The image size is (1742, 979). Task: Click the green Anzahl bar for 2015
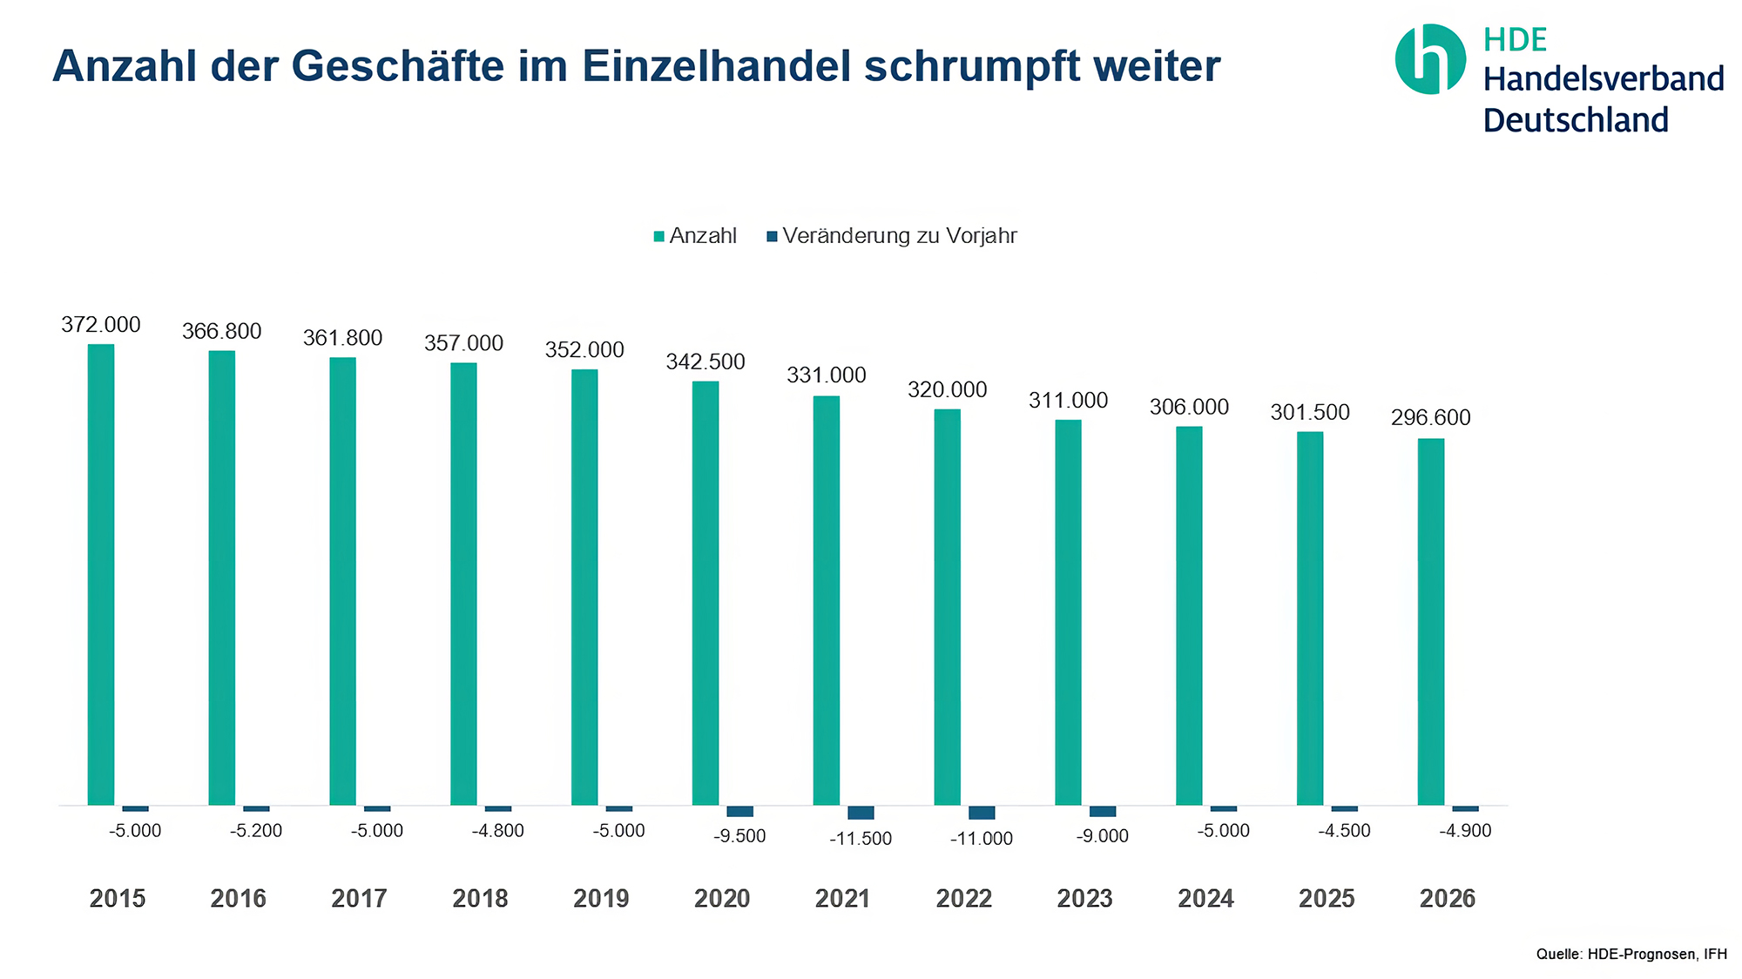[101, 575]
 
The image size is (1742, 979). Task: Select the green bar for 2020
[706, 592]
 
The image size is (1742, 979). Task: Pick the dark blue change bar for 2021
[861, 813]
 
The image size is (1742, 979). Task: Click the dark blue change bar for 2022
[982, 813]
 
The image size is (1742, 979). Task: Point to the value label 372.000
[101, 325]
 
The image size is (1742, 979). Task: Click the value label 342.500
[706, 361]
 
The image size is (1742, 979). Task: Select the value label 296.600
[1431, 418]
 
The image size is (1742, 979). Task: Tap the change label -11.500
[861, 839]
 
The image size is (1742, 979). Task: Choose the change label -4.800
[498, 831]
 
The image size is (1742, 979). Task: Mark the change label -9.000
[1103, 836]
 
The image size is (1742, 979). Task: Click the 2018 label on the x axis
[480, 899]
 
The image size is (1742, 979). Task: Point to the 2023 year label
[1084, 899]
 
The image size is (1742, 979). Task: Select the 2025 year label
[1327, 899]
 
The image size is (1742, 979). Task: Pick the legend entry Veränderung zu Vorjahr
[892, 236]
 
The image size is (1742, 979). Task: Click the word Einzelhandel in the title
[717, 66]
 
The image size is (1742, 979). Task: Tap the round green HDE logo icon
[1430, 59]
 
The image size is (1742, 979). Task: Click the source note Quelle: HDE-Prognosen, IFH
[1631, 955]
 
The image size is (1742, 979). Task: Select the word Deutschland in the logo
[1576, 120]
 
